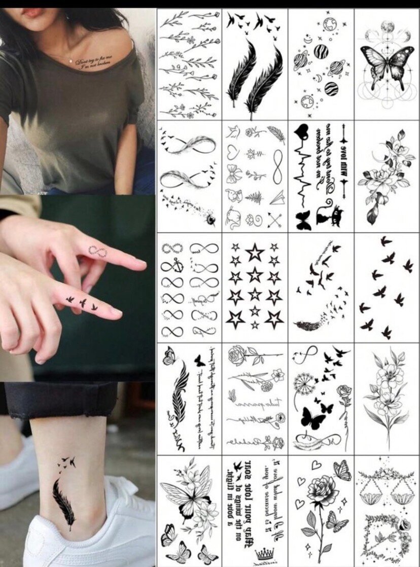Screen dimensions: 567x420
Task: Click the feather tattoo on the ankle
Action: click(x=64, y=502)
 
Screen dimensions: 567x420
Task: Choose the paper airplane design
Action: click(x=276, y=196)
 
